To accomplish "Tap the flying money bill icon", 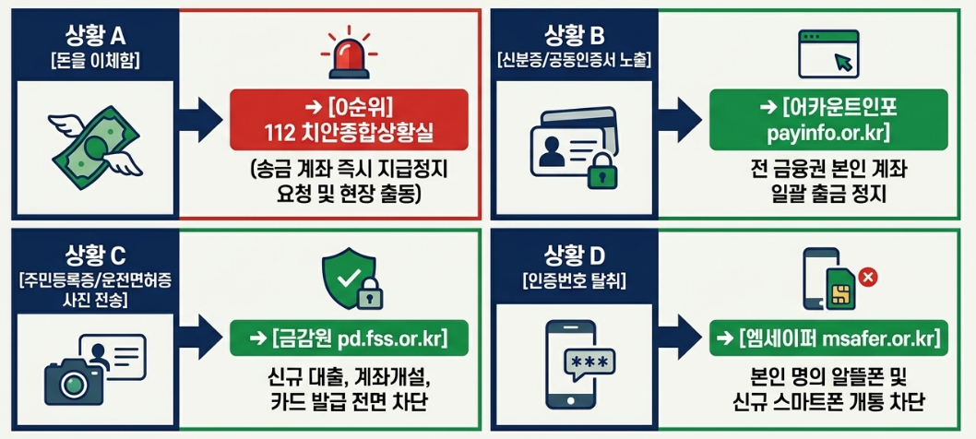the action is (96, 145).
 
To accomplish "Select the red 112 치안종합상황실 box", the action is (349, 120).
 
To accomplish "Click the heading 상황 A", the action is (95, 37).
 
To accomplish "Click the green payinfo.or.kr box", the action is (828, 120).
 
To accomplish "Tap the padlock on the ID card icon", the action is (601, 171).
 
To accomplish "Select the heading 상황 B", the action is (574, 37).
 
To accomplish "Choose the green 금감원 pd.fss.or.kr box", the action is (349, 338).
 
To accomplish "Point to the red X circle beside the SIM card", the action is (866, 277).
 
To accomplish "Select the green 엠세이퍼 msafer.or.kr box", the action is (828, 338).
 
